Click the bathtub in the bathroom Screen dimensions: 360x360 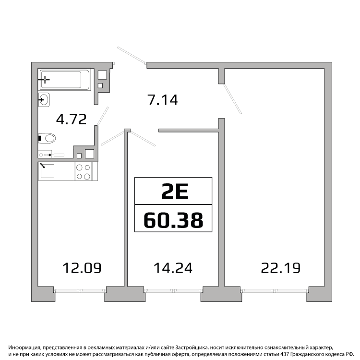point(64,79)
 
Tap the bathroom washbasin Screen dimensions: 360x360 point(44,100)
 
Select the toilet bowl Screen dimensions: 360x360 point(47,138)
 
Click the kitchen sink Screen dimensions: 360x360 point(48,171)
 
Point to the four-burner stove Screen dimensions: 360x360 point(84,171)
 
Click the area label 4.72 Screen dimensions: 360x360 point(72,119)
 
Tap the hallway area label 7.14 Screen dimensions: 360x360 point(163,100)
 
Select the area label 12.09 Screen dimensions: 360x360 point(82,268)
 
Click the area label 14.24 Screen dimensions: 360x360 point(173,268)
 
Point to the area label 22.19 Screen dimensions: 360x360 point(281,268)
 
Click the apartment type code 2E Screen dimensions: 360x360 point(175,191)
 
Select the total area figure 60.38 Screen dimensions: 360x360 point(173,220)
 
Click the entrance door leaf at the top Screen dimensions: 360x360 point(132,55)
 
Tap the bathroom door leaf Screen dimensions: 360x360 point(102,117)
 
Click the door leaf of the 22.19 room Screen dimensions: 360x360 point(232,99)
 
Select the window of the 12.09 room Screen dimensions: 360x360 point(80,291)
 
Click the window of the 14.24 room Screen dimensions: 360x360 point(173,291)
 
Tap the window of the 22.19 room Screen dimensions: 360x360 point(274,291)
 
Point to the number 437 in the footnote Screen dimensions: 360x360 point(286,355)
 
